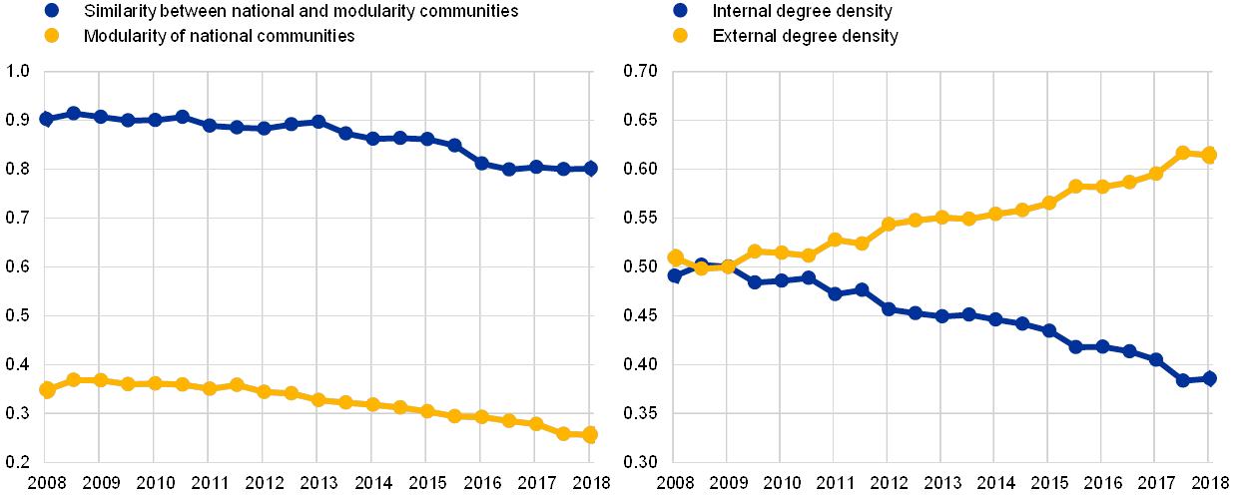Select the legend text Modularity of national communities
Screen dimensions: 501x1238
220,36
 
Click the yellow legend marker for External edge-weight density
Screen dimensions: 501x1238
679,36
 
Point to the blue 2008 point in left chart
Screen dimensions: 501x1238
47,119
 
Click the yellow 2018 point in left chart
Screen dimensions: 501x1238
590,434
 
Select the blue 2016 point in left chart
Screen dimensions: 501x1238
481,163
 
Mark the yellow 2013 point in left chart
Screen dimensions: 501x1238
318,399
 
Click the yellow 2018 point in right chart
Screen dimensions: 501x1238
1209,155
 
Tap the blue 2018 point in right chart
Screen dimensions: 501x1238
1209,378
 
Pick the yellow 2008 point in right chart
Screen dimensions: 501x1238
675,257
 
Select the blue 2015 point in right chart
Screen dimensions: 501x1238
1049,330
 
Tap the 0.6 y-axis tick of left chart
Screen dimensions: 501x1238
19,266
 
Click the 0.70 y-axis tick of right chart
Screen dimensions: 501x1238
640,71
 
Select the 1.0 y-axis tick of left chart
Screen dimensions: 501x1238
19,71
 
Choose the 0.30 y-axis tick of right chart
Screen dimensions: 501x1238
640,461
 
